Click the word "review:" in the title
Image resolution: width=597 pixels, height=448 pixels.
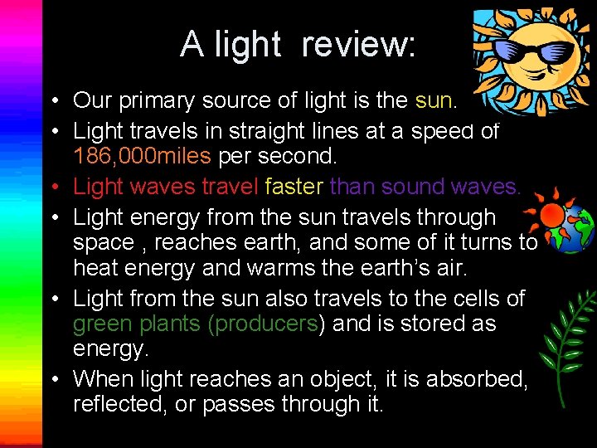coord(358,44)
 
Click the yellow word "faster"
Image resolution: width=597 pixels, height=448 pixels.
coord(294,187)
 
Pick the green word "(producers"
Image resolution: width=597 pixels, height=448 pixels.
coord(265,323)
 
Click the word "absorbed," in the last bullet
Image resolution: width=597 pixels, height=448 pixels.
coord(485,378)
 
